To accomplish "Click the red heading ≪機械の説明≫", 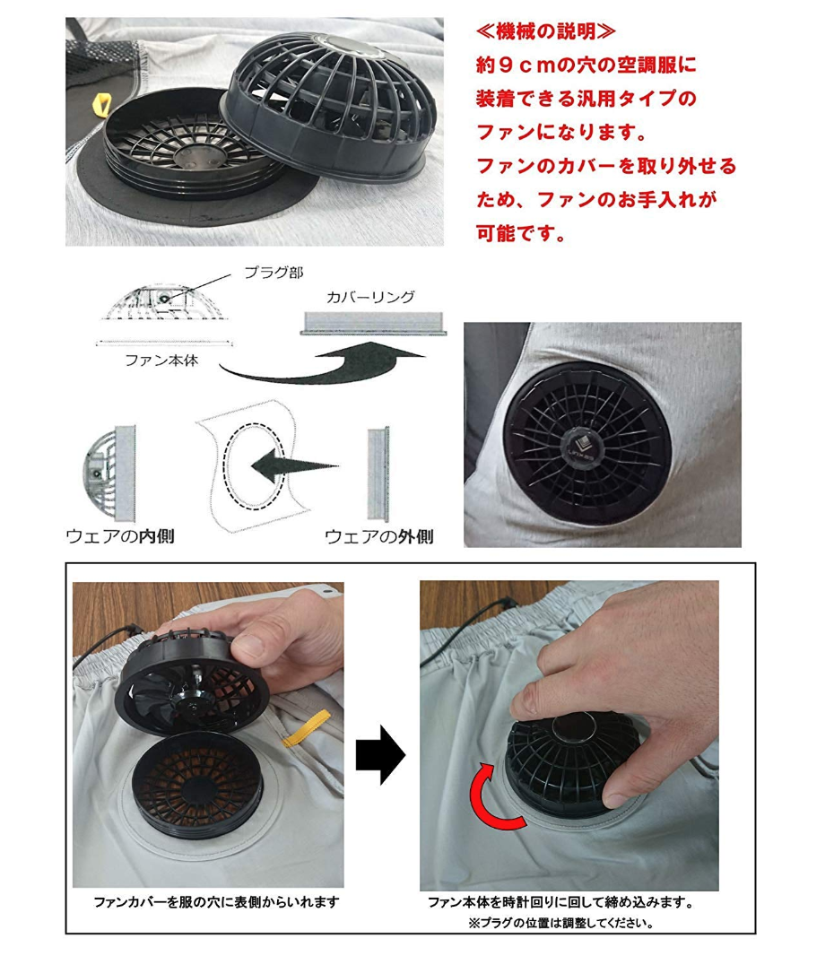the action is coord(545,31).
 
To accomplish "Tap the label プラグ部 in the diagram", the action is coord(274,273).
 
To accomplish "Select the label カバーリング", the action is coord(370,297).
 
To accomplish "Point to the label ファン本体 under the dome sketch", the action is coord(161,361).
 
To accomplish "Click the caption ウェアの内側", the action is coord(120,536).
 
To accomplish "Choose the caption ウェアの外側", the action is coord(379,536).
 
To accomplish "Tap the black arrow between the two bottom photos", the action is coord(380,755).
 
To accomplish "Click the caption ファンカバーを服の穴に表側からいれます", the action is coord(216,902).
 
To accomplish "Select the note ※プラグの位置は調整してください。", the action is coord(560,923).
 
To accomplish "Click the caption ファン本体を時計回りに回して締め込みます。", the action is coord(560,902).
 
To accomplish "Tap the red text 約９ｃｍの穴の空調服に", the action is coord(586,65).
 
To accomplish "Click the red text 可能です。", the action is coord(522,233).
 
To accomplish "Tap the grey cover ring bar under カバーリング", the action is coord(373,323).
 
